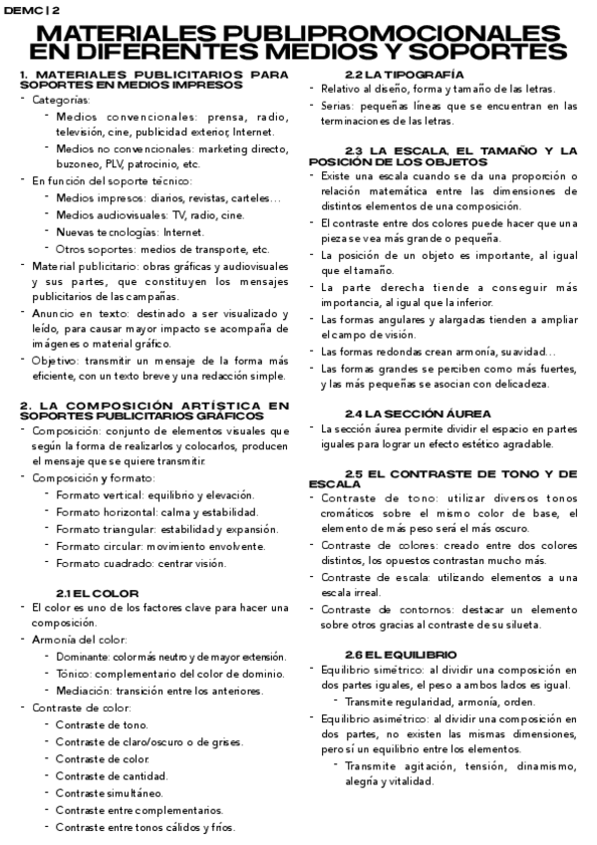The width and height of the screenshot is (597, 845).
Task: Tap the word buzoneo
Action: pyautogui.click(x=77, y=164)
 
